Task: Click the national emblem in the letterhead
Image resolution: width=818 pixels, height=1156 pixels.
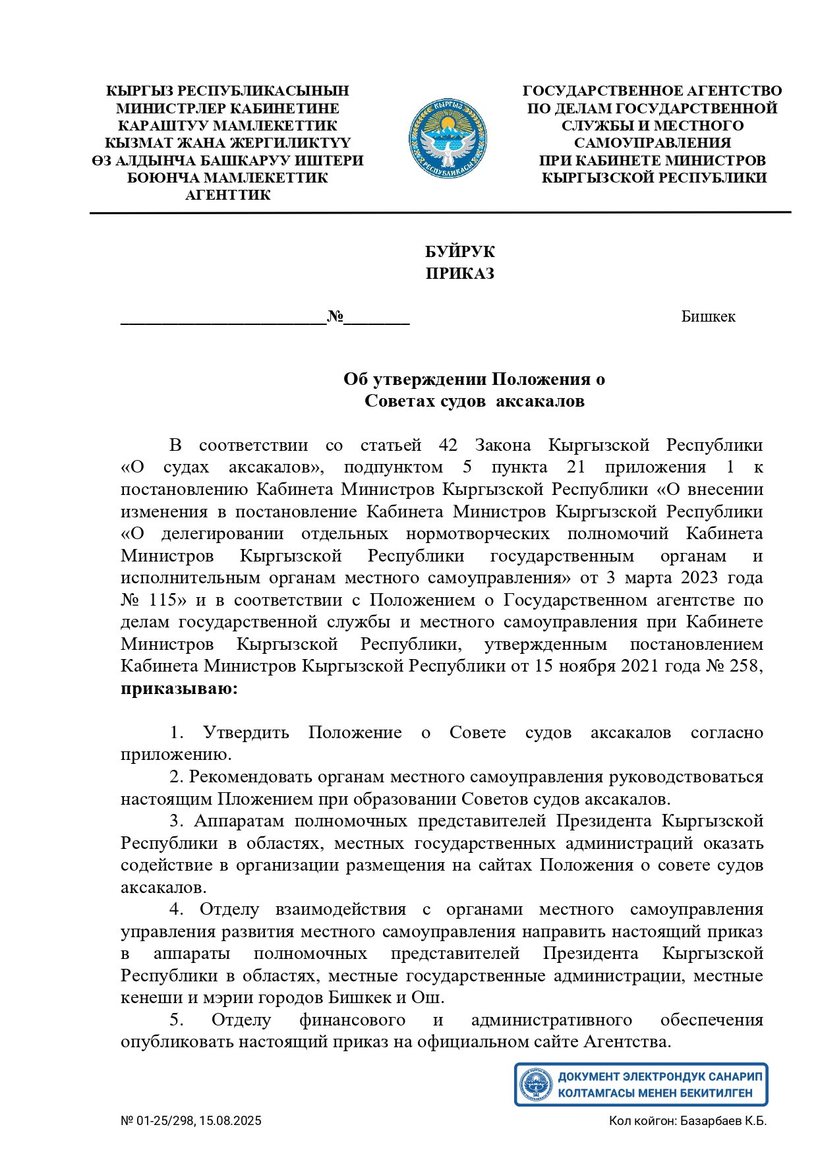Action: tap(448, 138)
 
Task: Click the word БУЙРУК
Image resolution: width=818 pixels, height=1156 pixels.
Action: tap(459, 252)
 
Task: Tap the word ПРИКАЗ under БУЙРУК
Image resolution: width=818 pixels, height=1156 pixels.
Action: tap(459, 274)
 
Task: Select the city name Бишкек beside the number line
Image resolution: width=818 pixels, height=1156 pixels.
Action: tap(708, 316)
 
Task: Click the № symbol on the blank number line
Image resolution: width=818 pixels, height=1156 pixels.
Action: tap(336, 316)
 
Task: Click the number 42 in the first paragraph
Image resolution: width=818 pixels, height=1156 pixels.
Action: tap(448, 446)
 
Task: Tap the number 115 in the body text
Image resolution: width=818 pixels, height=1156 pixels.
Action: tap(163, 600)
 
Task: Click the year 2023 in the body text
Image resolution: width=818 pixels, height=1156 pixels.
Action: tap(699, 578)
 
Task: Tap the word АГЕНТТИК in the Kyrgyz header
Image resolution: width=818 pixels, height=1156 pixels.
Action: tap(228, 195)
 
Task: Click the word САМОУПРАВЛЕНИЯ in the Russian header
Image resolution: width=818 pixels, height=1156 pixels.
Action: tap(653, 143)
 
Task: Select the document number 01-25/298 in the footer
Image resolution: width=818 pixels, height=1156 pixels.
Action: tap(165, 1121)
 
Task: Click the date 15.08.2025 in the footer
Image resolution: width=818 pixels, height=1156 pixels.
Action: tap(230, 1121)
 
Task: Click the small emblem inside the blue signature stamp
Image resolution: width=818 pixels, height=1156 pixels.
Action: tap(536, 1084)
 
